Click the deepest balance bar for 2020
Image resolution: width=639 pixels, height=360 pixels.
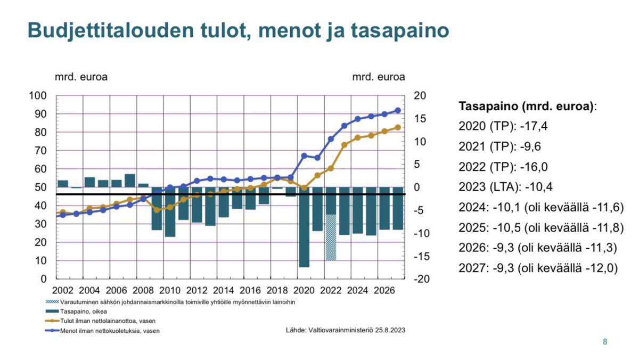[304, 227]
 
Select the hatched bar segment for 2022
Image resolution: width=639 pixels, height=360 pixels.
[331, 238]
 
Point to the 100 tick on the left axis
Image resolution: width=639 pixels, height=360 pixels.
[40, 96]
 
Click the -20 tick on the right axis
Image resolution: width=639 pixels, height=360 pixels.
[420, 279]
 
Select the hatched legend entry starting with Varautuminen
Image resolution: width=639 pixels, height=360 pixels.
[170, 301]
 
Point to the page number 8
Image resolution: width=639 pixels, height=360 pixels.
[604, 342]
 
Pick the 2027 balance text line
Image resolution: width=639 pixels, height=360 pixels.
[538, 268]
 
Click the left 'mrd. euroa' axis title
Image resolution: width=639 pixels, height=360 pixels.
[81, 77]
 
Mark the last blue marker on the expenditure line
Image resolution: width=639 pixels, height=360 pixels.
[397, 111]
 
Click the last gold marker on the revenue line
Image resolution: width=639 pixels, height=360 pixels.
[397, 127]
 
